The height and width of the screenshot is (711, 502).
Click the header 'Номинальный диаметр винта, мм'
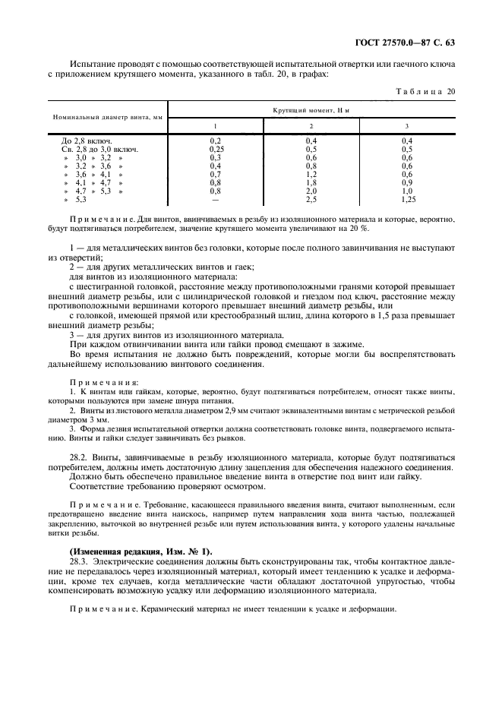pos(108,118)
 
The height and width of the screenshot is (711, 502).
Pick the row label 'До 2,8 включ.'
pos(87,141)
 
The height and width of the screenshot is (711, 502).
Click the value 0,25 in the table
pos(215,150)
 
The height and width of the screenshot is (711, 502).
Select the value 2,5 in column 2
pos(311,199)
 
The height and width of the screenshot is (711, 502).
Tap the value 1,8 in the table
pos(311,182)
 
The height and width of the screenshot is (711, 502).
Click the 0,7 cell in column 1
pos(215,174)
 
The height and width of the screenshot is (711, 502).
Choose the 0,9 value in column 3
pos(406,182)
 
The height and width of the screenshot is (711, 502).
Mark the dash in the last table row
pos(215,199)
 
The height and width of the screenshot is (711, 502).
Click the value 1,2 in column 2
pos(311,174)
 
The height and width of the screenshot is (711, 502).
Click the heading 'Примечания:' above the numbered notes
pos(105,382)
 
